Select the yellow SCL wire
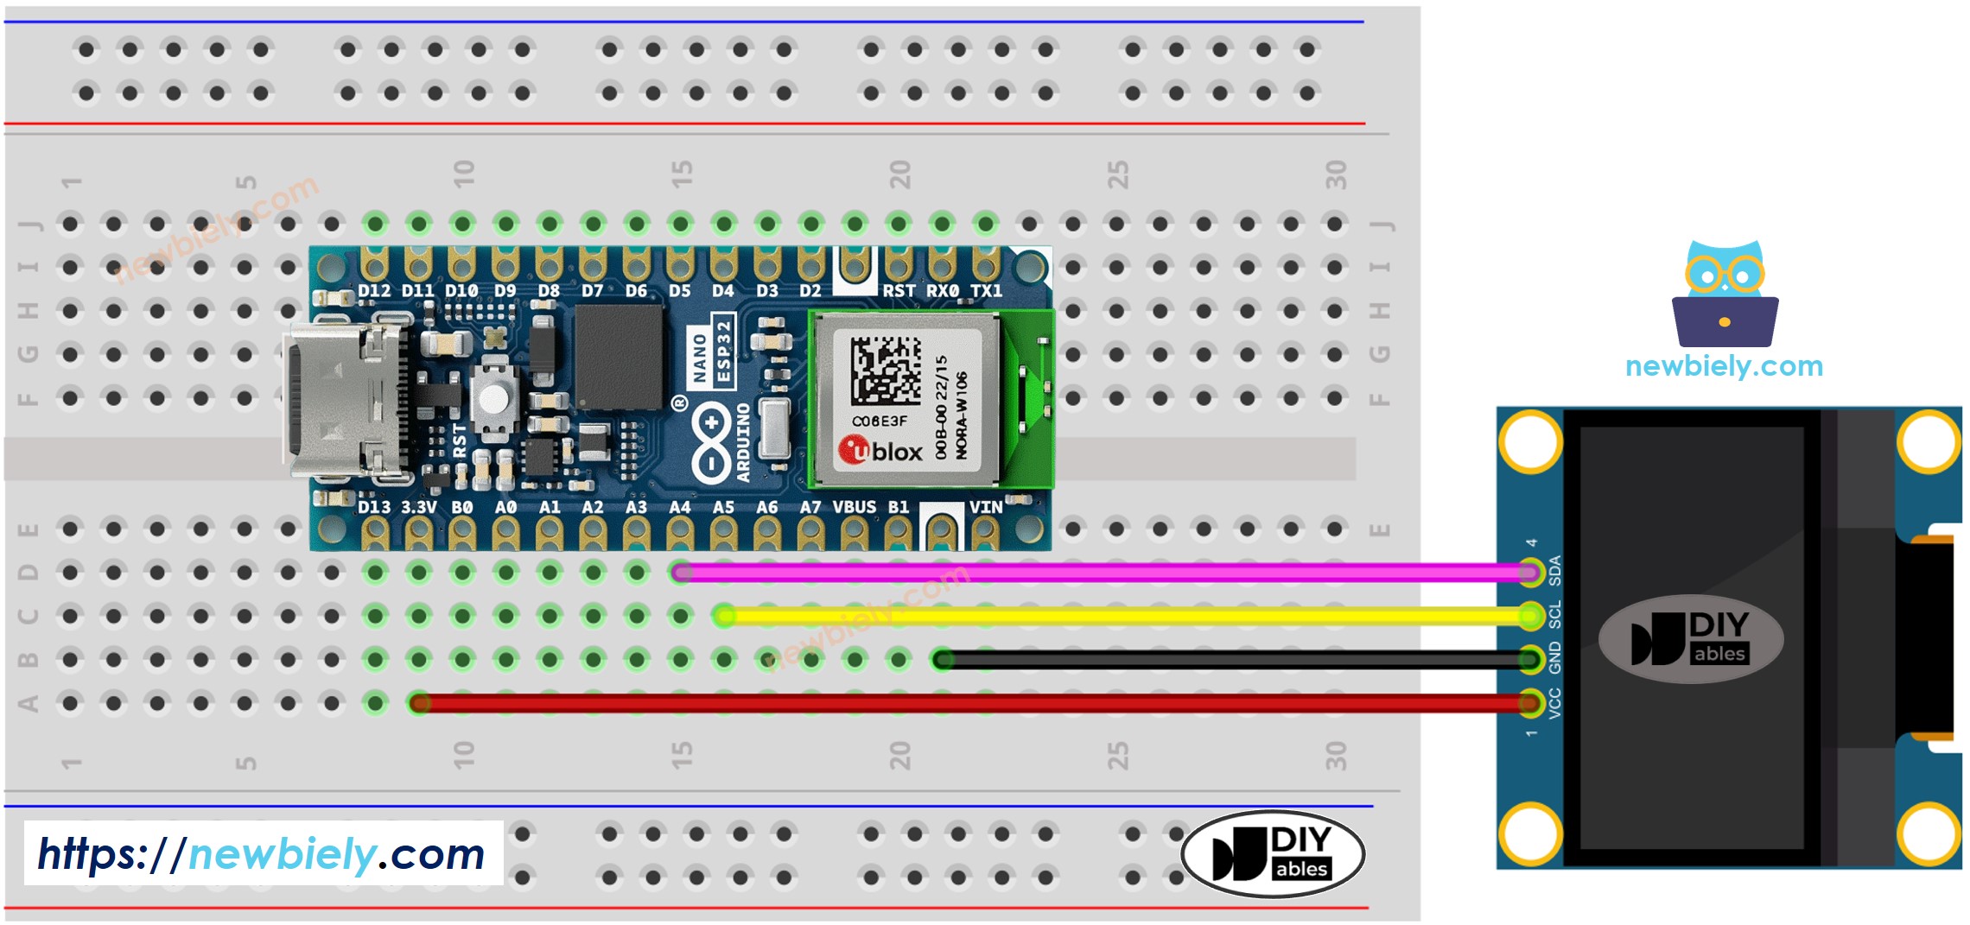tap(1123, 616)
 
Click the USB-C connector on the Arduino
tap(346, 399)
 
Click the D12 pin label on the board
tap(374, 291)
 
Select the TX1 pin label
tap(986, 291)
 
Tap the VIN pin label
tap(986, 507)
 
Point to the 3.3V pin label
tap(419, 507)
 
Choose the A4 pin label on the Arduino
tap(680, 507)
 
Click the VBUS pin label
tap(854, 507)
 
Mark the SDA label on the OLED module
tap(1554, 570)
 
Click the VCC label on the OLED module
tap(1554, 703)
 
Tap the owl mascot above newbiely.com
tap(1725, 294)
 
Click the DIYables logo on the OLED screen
tap(1690, 639)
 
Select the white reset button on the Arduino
tap(493, 398)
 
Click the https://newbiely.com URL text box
tap(263, 853)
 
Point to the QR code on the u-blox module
tap(885, 370)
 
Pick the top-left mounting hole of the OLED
tap(1530, 441)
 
